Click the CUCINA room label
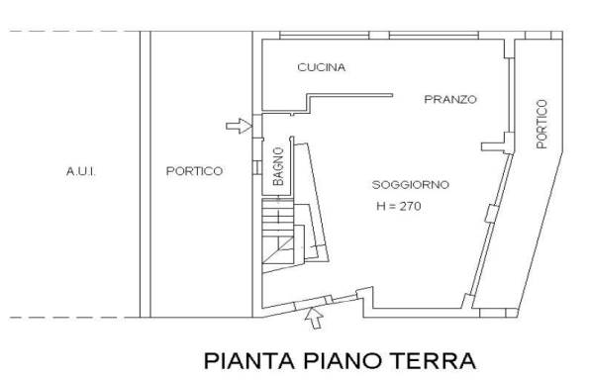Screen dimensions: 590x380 point(321,67)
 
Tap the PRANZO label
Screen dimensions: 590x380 point(450,99)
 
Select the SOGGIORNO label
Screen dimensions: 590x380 point(411,185)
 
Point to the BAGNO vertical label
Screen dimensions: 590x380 point(278,166)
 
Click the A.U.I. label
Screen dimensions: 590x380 point(81,171)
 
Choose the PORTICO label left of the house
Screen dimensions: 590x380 point(194,171)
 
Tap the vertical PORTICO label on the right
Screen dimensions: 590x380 point(541,124)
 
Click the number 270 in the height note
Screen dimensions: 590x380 point(410,206)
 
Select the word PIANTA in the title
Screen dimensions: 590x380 point(249,361)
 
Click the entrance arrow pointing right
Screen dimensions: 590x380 point(239,126)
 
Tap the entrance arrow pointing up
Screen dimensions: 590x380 point(314,319)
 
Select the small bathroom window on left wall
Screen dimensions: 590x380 point(257,167)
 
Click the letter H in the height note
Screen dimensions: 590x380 point(381,206)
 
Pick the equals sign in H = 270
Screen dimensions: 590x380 point(392,207)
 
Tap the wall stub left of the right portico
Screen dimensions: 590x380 point(494,146)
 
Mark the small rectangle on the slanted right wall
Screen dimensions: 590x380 point(491,214)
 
